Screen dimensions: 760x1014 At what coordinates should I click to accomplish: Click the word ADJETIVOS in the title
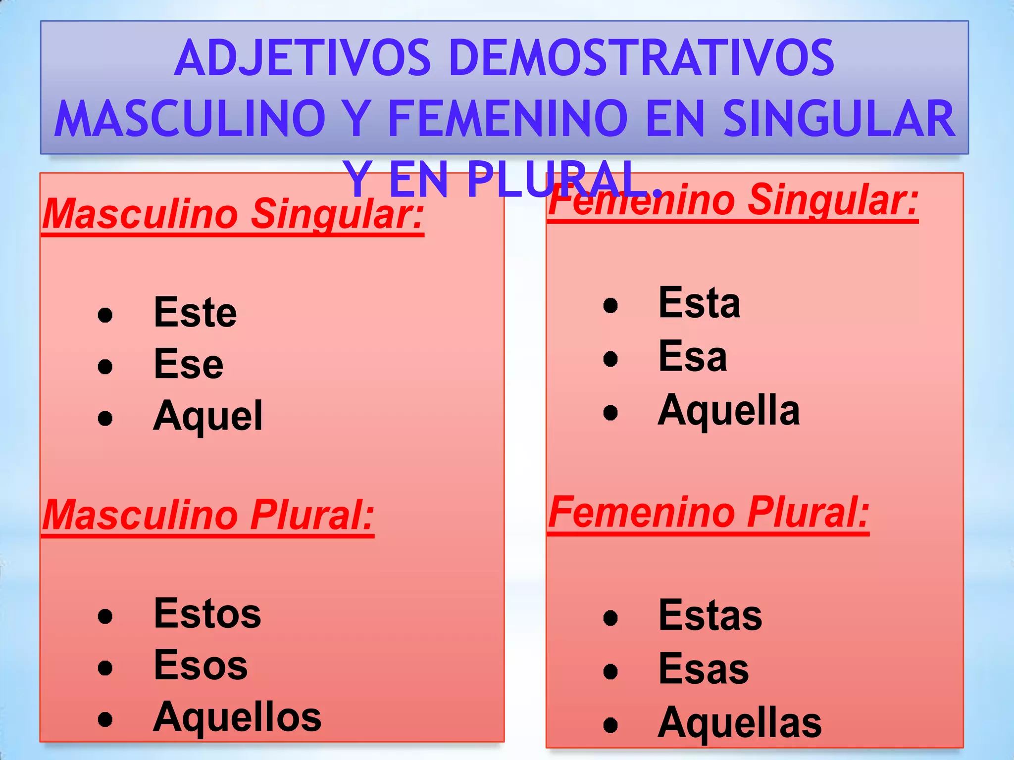point(303,58)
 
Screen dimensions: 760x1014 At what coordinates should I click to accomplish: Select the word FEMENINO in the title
point(508,119)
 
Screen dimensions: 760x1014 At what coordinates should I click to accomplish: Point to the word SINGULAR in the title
point(839,119)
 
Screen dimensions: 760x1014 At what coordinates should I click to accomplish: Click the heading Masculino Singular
point(233,214)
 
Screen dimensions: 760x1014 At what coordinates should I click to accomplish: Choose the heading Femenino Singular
point(733,200)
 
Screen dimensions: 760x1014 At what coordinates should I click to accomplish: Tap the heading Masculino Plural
point(208,515)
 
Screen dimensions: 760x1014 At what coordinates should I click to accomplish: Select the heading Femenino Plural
point(709,513)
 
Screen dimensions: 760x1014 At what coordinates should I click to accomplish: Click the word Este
point(195,312)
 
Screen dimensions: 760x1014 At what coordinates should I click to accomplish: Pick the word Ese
point(189,364)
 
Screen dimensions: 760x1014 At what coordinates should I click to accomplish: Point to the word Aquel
point(208,416)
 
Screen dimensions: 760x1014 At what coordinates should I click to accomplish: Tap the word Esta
point(699,303)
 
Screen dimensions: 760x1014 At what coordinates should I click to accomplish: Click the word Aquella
point(729,410)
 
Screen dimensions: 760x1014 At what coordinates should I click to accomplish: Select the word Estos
point(207,614)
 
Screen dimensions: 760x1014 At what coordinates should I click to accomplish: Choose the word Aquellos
point(237,717)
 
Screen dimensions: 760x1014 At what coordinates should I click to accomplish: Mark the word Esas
point(704,668)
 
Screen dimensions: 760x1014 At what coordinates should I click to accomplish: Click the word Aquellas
point(740,723)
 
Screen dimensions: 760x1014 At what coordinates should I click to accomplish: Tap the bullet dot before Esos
point(105,668)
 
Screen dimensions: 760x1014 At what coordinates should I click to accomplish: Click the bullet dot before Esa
point(610,359)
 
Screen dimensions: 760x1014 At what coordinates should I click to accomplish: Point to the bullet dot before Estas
point(610,617)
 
